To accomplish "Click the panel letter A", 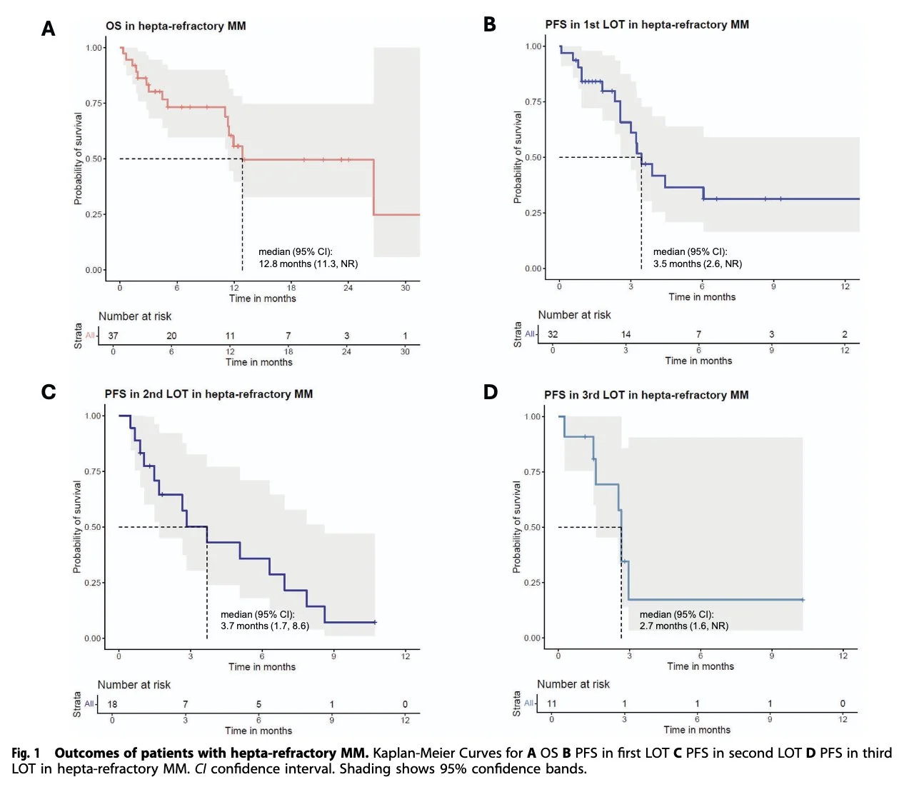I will click(x=48, y=29).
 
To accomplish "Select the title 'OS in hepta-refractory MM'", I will click(x=176, y=26).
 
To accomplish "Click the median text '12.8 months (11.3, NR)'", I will click(x=308, y=264).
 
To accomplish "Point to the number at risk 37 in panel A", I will click(x=113, y=336).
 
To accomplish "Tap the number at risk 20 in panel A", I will click(x=171, y=336).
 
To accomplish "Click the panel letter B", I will click(x=489, y=24).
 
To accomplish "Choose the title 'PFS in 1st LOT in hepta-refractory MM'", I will click(x=646, y=24).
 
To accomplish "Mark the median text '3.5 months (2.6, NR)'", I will click(x=697, y=264).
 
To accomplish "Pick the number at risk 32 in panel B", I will click(x=553, y=334).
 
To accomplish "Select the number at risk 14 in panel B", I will click(x=626, y=334).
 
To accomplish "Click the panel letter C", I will click(x=48, y=392).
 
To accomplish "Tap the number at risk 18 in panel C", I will click(x=112, y=704).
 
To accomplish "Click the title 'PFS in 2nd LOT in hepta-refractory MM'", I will click(x=209, y=394).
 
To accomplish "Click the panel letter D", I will click(x=490, y=392).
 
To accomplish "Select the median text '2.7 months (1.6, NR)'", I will click(x=683, y=626).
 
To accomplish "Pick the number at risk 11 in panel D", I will click(x=551, y=703).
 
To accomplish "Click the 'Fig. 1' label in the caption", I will click(x=26, y=753).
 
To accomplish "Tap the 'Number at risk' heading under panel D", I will click(x=573, y=684).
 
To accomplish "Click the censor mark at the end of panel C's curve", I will click(x=374, y=623).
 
